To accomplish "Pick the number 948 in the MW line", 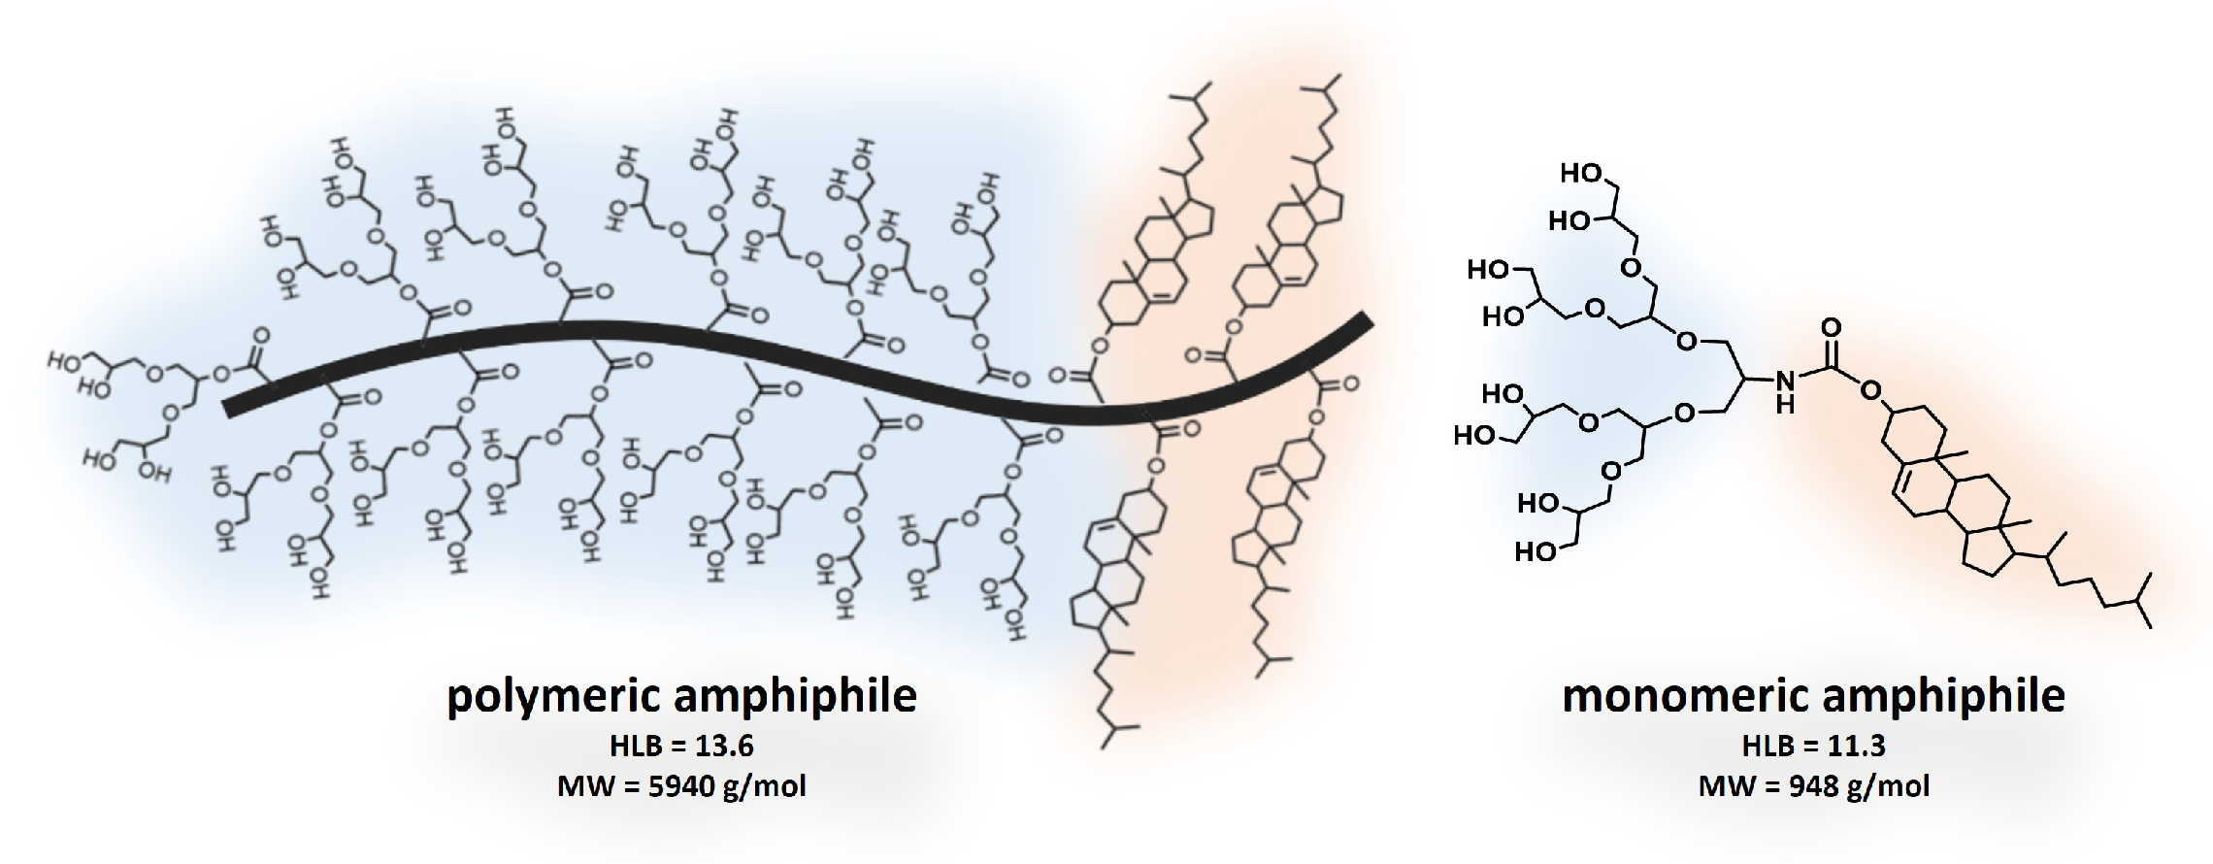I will pos(1813,784).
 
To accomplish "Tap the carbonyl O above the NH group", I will pos(1831,327).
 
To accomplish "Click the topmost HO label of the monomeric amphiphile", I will pos(1580,174).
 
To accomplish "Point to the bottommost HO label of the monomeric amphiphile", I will pos(1536,551).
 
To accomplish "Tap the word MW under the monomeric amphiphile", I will pos(1727,784).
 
